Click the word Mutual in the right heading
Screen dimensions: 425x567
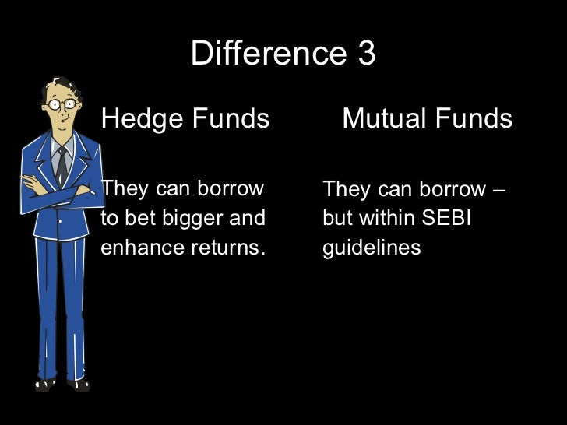coord(382,119)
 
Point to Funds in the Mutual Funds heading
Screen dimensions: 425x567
coord(473,119)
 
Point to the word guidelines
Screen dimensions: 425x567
coord(372,248)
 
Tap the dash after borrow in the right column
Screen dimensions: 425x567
coord(498,189)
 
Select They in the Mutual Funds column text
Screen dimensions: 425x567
coord(343,189)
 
